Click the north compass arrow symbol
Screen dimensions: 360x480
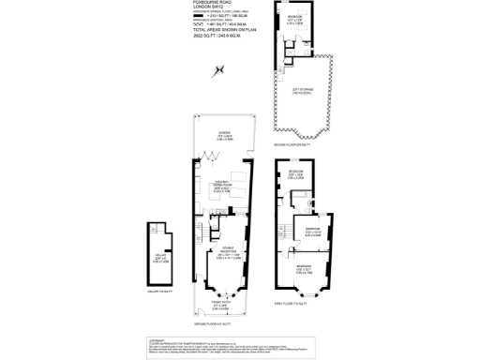click(219, 68)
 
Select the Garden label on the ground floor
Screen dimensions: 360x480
click(224, 135)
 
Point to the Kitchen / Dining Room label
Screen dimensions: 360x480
click(224, 187)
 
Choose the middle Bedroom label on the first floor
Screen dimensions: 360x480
click(310, 230)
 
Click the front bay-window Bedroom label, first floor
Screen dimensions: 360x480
click(305, 270)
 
